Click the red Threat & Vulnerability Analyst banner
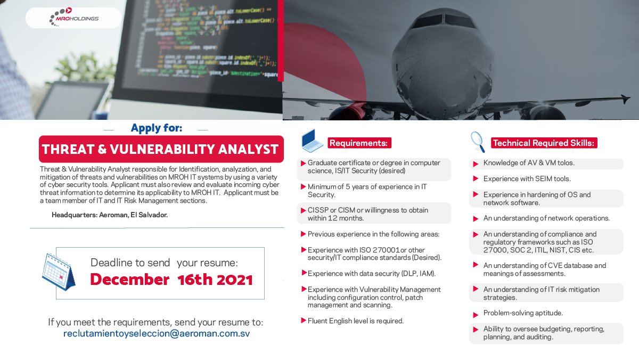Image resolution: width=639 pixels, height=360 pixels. click(160, 149)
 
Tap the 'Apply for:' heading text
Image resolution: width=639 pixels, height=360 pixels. click(156, 128)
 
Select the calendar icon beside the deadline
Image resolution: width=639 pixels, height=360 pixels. click(59, 271)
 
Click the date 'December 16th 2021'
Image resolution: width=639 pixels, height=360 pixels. click(171, 279)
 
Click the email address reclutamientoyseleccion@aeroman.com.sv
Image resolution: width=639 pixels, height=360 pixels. click(157, 334)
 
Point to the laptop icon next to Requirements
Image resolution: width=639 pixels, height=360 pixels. click(312, 141)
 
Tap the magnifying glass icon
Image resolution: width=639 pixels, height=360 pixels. click(477, 142)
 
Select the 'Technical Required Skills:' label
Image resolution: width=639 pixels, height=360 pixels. click(543, 143)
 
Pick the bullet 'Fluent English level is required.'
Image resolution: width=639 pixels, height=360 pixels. click(355, 321)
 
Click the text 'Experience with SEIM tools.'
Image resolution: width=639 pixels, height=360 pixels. click(527, 179)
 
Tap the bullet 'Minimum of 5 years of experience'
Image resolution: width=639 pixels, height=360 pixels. click(367, 191)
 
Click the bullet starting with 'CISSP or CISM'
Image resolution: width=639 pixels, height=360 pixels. click(367, 214)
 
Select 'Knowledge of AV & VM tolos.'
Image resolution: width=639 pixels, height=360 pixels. click(529, 163)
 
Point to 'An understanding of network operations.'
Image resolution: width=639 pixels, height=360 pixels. click(546, 218)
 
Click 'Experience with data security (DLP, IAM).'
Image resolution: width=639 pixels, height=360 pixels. click(371, 274)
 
